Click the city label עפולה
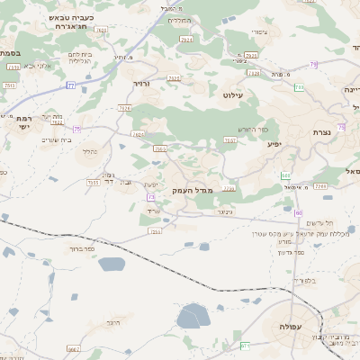(290, 326)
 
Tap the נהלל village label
(89, 151)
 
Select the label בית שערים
(56, 139)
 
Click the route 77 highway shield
(70, 85)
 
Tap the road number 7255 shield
(155, 231)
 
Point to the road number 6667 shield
(74, 348)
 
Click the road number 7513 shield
(93, 182)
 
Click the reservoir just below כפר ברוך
(112, 264)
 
